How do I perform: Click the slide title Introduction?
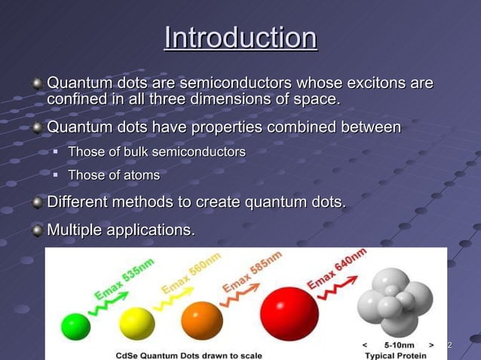click(x=240, y=38)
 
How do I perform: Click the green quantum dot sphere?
click(x=75, y=326)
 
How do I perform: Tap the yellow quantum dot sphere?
click(x=136, y=323)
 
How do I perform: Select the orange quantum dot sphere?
click(x=202, y=320)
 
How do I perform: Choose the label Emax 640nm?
click(x=336, y=268)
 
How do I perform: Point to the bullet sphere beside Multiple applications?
click(x=38, y=230)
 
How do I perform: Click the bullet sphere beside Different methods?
click(x=38, y=203)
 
